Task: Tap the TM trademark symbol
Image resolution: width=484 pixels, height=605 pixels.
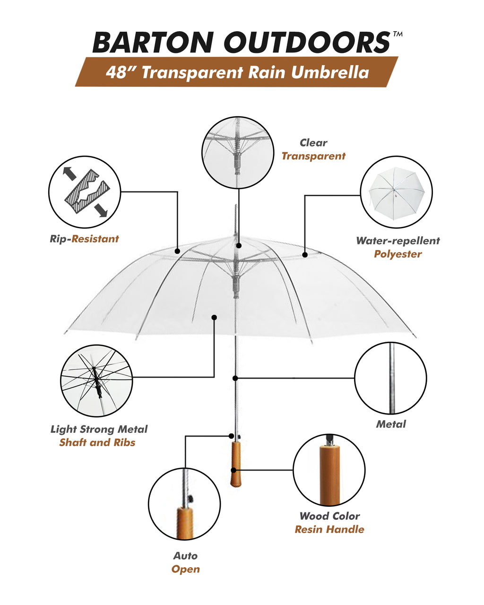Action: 398,34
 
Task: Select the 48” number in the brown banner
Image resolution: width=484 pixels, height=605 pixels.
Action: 120,72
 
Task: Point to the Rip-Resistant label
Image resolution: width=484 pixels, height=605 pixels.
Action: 84,239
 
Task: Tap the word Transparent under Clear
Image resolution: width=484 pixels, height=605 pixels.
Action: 313,156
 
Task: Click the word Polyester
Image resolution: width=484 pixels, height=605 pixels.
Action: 398,254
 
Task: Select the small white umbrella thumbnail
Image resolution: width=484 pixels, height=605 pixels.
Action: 396,191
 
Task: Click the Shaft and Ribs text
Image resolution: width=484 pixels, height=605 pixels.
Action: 97,442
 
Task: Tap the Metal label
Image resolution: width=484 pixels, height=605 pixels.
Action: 391,424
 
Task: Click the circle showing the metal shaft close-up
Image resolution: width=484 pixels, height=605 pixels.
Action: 390,378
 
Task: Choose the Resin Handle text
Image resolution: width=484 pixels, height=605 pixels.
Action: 329,529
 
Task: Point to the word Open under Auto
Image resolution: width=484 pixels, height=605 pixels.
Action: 185,569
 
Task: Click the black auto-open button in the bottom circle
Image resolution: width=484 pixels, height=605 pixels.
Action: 191,498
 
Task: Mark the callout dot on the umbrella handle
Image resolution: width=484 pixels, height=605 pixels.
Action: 233,470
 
